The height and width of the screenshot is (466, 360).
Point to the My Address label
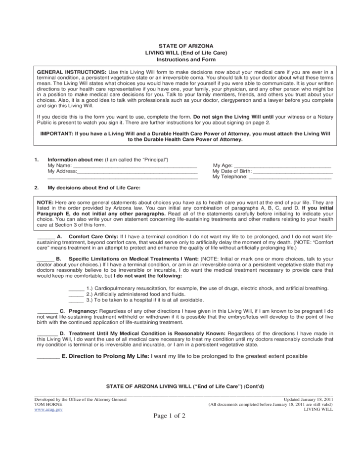(62, 171)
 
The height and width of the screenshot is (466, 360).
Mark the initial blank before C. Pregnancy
(47, 312)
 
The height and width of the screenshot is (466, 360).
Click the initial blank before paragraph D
(47, 335)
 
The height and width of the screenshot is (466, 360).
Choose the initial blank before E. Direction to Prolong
(47, 357)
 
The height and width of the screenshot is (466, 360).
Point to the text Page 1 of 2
(169, 416)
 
